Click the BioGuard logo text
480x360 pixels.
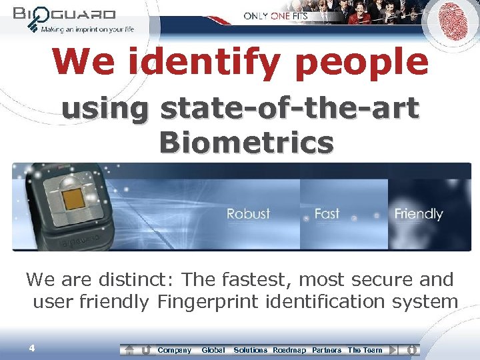coord(64,14)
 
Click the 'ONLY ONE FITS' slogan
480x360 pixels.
coord(275,15)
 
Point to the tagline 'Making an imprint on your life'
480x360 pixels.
coord(87,29)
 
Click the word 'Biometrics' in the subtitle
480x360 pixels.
coord(247,142)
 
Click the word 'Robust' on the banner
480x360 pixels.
coord(248,214)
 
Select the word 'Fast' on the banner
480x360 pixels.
coord(327,214)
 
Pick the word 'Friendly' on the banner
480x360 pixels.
coord(419,214)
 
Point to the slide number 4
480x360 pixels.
coord(31,347)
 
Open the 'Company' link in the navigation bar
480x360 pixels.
coord(174,350)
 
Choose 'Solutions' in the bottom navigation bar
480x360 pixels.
coord(250,350)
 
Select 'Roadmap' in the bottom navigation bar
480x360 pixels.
coord(289,350)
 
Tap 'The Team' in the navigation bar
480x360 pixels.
coord(365,350)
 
